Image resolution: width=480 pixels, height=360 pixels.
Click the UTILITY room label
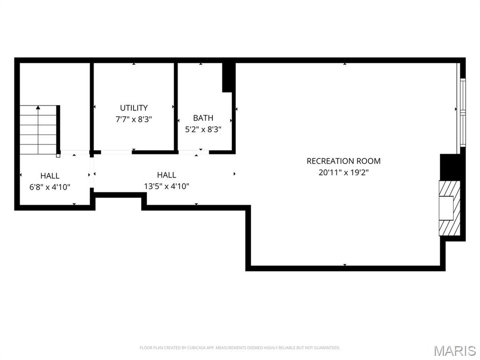coord(134,108)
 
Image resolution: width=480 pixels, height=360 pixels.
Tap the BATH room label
coord(203,118)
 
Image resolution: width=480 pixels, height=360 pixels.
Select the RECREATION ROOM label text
coord(344,161)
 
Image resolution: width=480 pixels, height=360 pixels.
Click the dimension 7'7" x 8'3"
coord(134,119)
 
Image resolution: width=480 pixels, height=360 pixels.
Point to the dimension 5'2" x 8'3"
coord(203,129)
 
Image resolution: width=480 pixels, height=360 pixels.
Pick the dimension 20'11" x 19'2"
coord(344,172)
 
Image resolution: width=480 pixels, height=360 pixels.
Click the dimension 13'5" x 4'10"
coord(166,186)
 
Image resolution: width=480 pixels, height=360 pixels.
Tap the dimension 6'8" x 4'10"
coord(50,187)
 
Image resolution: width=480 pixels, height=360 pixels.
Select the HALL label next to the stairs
coord(50,176)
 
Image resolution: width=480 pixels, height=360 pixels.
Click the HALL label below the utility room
coord(166,175)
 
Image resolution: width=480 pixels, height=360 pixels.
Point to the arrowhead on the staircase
coord(38,107)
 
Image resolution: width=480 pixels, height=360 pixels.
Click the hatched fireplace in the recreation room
coord(450,208)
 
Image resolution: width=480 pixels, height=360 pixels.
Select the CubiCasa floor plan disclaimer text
coord(240,348)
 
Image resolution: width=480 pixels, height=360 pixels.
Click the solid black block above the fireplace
coord(450,167)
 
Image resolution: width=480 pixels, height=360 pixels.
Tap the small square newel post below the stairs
coord(58,156)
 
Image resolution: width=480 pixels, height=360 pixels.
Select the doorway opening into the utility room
coord(116,152)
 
